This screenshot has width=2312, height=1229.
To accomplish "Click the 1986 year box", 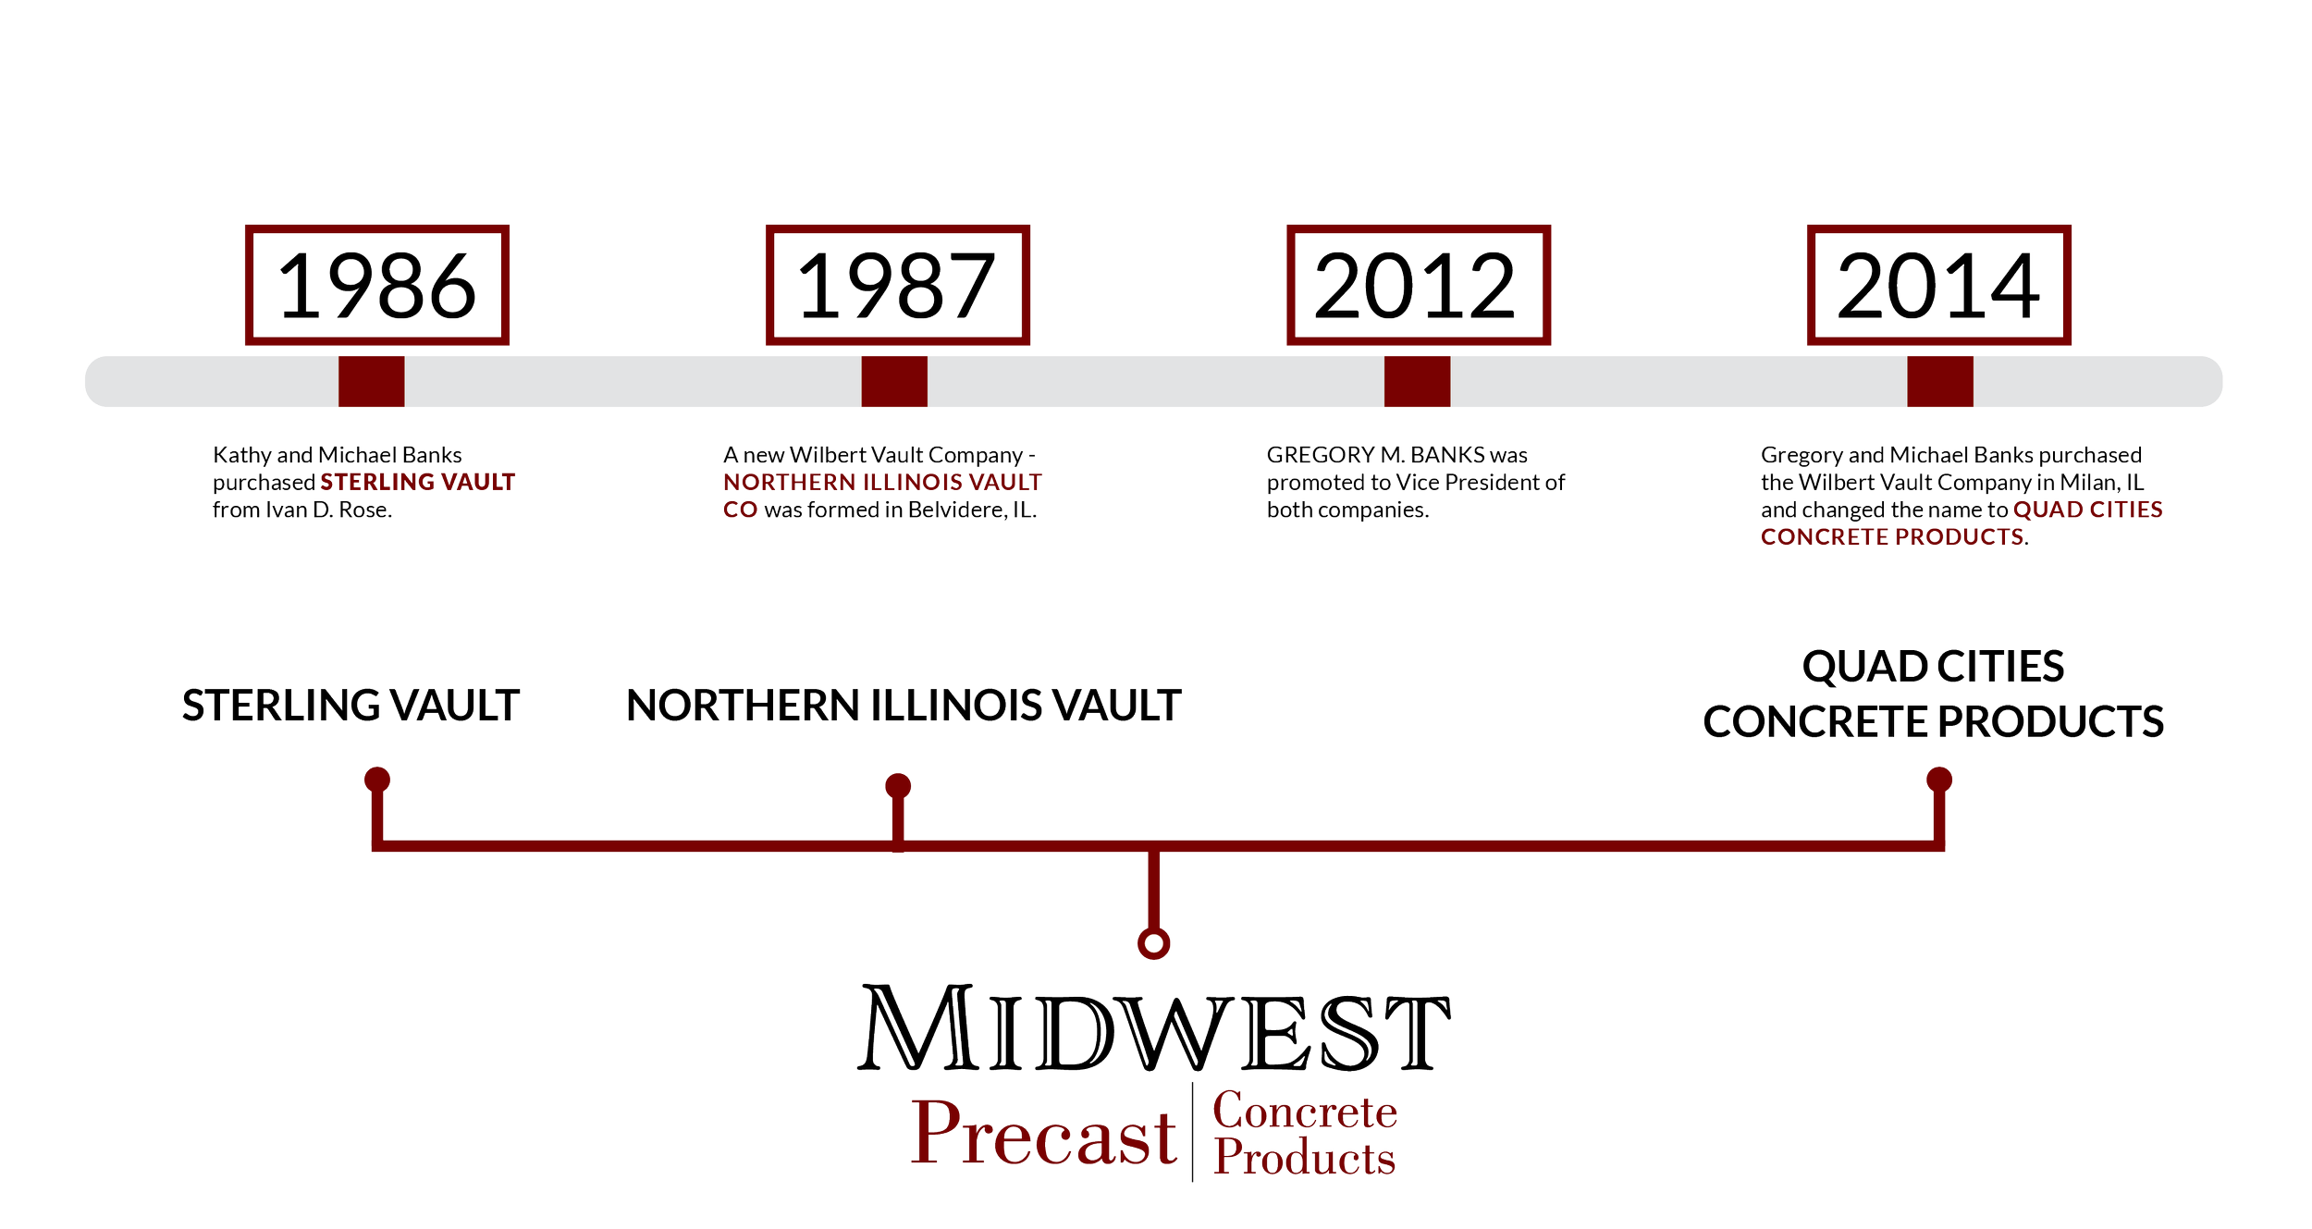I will (377, 285).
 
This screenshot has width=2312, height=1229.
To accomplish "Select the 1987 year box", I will (898, 285).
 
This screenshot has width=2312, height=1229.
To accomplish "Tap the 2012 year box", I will (1419, 285).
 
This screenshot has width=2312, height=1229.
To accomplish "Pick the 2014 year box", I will (1939, 285).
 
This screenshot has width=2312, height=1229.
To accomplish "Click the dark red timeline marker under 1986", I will (371, 381).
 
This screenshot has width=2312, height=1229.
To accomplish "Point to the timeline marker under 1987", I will (894, 381).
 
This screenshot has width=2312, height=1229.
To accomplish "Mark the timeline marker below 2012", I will (1417, 381).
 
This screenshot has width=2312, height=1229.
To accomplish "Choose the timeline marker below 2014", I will (1940, 381).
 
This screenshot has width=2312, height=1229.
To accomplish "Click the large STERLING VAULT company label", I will (350, 706).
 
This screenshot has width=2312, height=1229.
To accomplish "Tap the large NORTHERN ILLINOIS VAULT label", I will (904, 706).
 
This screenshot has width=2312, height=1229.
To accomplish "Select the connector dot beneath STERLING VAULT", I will (377, 779).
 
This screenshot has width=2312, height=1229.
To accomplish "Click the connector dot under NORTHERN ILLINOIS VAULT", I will (898, 786).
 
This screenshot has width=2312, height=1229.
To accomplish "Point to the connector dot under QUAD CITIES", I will (1939, 779).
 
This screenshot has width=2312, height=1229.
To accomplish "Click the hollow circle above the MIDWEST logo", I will (1153, 943).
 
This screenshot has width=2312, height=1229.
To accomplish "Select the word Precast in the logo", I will (1044, 1134).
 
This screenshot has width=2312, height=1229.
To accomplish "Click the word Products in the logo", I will (1304, 1158).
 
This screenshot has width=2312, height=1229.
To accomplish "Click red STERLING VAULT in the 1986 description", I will (418, 482).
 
